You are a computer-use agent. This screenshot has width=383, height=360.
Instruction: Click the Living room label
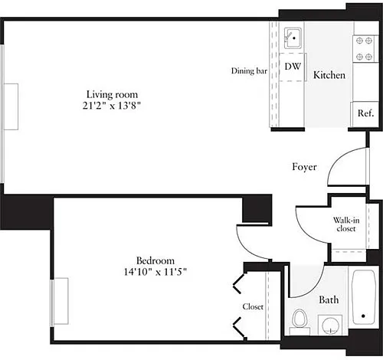tap(112, 95)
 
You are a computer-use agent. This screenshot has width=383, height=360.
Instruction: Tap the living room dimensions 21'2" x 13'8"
tap(112, 106)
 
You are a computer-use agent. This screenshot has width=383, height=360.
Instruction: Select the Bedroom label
tap(155, 260)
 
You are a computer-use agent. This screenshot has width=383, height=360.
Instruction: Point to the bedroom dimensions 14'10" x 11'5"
tap(155, 272)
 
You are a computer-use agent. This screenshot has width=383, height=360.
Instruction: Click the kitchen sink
tap(293, 38)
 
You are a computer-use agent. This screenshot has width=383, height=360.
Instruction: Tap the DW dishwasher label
tap(293, 67)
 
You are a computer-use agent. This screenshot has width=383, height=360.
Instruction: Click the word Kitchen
tap(329, 75)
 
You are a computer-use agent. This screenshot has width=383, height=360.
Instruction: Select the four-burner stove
tap(365, 48)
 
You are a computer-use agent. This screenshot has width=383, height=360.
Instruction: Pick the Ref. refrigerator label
tap(365, 113)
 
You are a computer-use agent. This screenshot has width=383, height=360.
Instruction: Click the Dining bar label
tap(249, 70)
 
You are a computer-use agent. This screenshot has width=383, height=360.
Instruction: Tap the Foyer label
tap(304, 167)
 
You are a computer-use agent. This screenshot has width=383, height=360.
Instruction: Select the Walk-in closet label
tap(346, 224)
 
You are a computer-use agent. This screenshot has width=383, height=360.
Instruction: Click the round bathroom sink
tap(330, 326)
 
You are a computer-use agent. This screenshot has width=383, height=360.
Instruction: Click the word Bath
tap(329, 299)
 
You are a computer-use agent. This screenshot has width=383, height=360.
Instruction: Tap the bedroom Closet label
tap(253, 306)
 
